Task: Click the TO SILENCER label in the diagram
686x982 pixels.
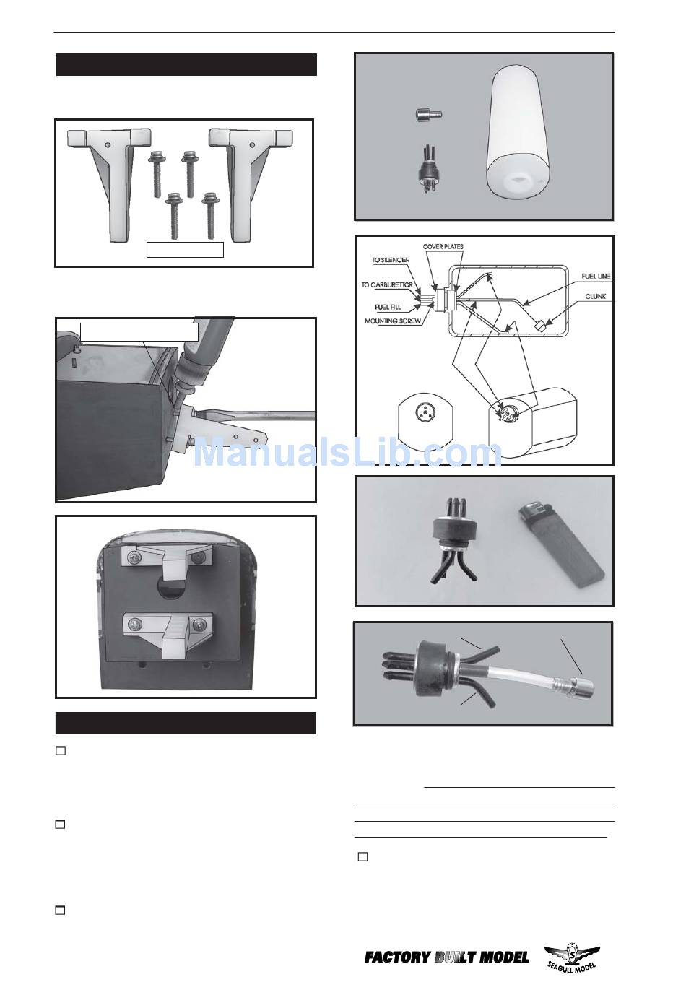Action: pos(391,260)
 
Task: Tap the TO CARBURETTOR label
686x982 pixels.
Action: pos(387,284)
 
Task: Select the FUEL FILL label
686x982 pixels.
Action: pos(388,307)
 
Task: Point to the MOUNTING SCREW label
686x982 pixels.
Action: pos(393,321)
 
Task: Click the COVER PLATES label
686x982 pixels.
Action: pos(443,246)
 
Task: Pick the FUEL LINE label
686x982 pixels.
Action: pos(596,276)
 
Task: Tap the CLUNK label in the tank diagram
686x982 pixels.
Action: pos(595,296)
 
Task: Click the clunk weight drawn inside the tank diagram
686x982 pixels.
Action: pos(539,326)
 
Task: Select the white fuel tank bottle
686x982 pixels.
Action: pos(518,136)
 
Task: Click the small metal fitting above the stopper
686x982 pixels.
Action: pos(428,115)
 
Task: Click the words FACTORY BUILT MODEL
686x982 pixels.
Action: pos(447,957)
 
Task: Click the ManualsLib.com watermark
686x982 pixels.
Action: pos(347,453)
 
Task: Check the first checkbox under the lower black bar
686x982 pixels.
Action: pos(61,751)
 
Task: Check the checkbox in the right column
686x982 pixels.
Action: pos(363,856)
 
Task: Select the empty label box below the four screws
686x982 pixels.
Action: pos(185,249)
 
